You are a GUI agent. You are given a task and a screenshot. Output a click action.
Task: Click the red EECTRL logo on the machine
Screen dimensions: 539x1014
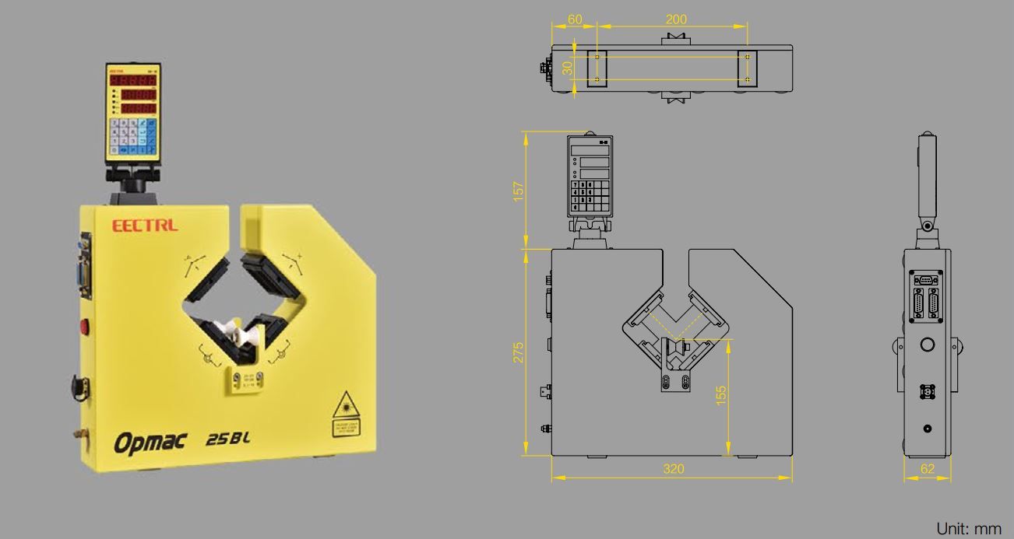coord(145,226)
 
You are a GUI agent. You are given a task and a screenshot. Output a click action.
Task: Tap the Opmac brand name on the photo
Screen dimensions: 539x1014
coord(150,442)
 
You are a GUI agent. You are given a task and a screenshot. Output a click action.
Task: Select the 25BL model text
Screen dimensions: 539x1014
coord(227,439)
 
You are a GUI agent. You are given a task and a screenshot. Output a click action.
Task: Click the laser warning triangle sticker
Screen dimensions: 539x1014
coord(343,408)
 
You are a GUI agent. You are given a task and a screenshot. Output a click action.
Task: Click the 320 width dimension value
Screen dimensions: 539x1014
coord(673,468)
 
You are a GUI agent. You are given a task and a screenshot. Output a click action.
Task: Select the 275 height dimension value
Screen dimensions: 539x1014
coord(519,352)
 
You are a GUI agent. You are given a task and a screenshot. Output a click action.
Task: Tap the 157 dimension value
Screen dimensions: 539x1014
coord(519,191)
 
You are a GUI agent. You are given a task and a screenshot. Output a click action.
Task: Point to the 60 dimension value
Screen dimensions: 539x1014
coord(575,19)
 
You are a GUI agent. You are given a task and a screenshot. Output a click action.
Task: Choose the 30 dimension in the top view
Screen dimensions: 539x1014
coord(568,68)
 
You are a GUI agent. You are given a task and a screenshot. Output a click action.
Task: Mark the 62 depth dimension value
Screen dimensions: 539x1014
coord(927,468)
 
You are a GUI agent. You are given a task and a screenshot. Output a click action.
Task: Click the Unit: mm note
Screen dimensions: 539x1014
coord(968,529)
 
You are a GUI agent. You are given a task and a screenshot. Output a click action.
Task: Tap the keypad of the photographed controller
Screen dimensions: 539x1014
coord(134,135)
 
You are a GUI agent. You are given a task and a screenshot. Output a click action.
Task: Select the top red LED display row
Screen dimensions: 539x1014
coord(133,80)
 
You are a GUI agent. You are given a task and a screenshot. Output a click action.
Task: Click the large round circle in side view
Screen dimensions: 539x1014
coord(927,345)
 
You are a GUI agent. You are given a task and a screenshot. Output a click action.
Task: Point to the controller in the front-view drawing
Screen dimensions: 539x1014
coord(589,176)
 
